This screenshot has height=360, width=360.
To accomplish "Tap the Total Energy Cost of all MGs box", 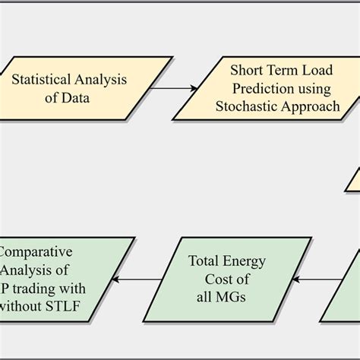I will click(227, 279).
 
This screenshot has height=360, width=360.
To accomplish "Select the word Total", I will click(207, 262).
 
